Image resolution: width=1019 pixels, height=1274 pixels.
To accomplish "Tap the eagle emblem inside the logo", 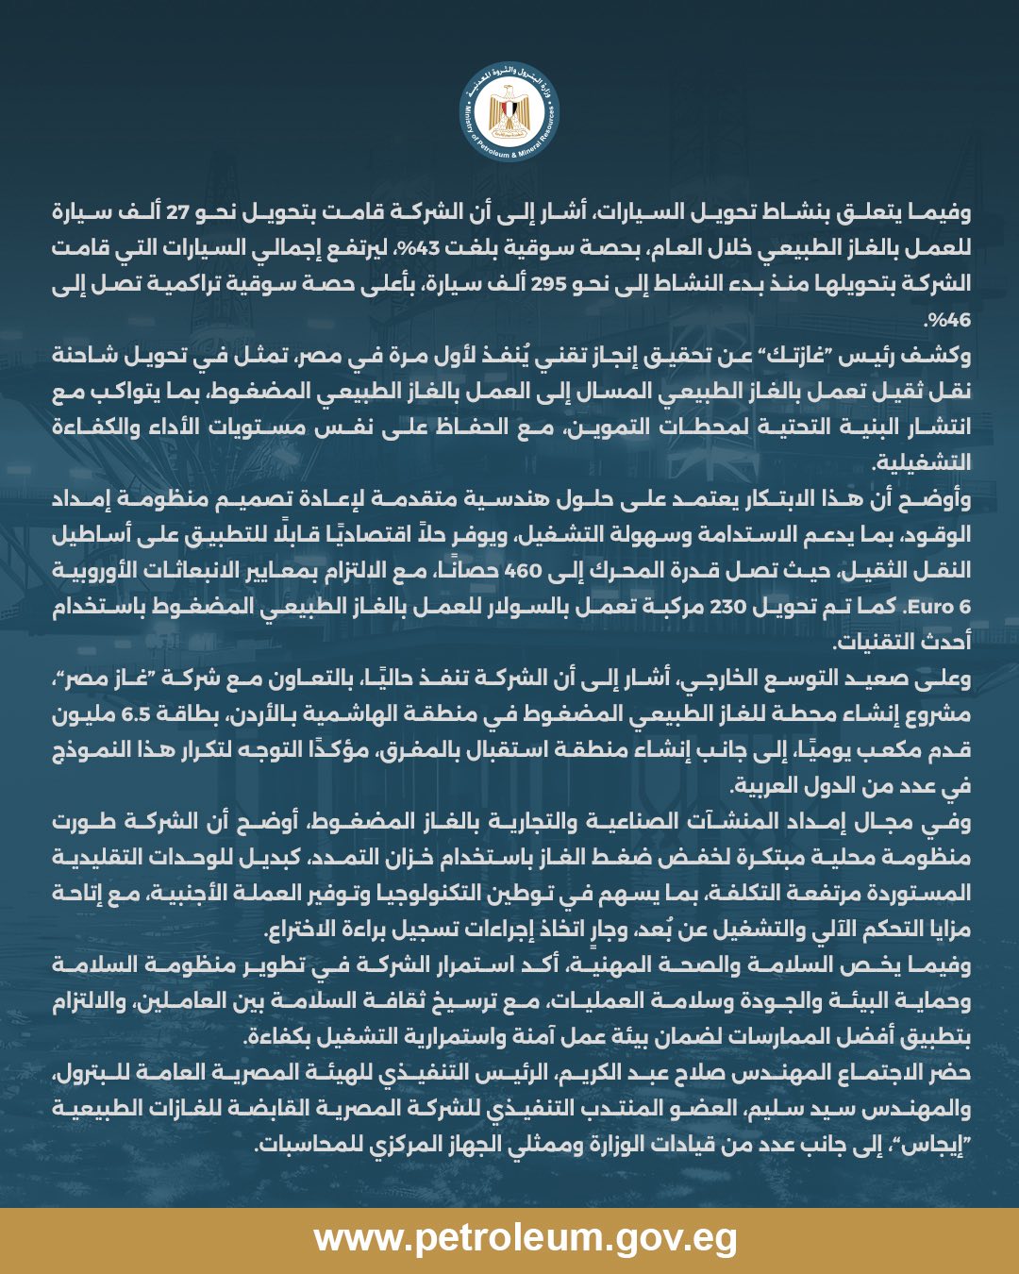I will point(509,109).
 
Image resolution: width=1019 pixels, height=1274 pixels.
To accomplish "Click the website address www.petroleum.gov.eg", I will point(526,1237).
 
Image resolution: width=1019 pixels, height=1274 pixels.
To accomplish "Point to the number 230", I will point(727,607).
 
